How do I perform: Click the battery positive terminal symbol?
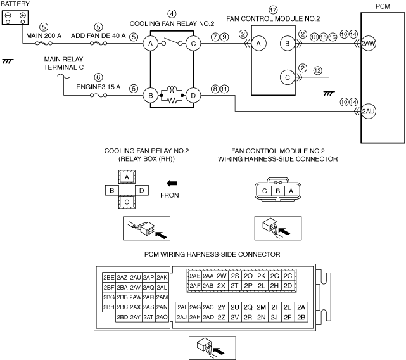tap(23, 15)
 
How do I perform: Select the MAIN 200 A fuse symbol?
tap(44, 44)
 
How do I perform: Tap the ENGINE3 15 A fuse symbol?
tap(98, 95)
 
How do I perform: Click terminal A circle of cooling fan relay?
tap(151, 44)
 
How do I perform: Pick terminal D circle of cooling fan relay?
tap(193, 95)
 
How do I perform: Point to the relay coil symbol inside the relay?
tap(172, 89)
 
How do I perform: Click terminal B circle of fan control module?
tap(288, 43)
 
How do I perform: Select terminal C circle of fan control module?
tap(288, 77)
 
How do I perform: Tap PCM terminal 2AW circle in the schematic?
tap(368, 43)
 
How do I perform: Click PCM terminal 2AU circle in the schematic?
tap(368, 111)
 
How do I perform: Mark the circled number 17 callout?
tap(273, 10)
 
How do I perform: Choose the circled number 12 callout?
tap(318, 70)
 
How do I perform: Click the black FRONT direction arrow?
tap(172, 184)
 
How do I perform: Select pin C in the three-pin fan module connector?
tap(264, 191)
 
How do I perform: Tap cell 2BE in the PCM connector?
tap(109, 278)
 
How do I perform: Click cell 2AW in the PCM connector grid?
tap(136, 297)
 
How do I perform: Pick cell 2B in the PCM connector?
tap(301, 317)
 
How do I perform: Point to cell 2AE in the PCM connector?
tap(194, 276)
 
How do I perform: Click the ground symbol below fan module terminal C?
tap(329, 93)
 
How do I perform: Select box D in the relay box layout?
tap(142, 191)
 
